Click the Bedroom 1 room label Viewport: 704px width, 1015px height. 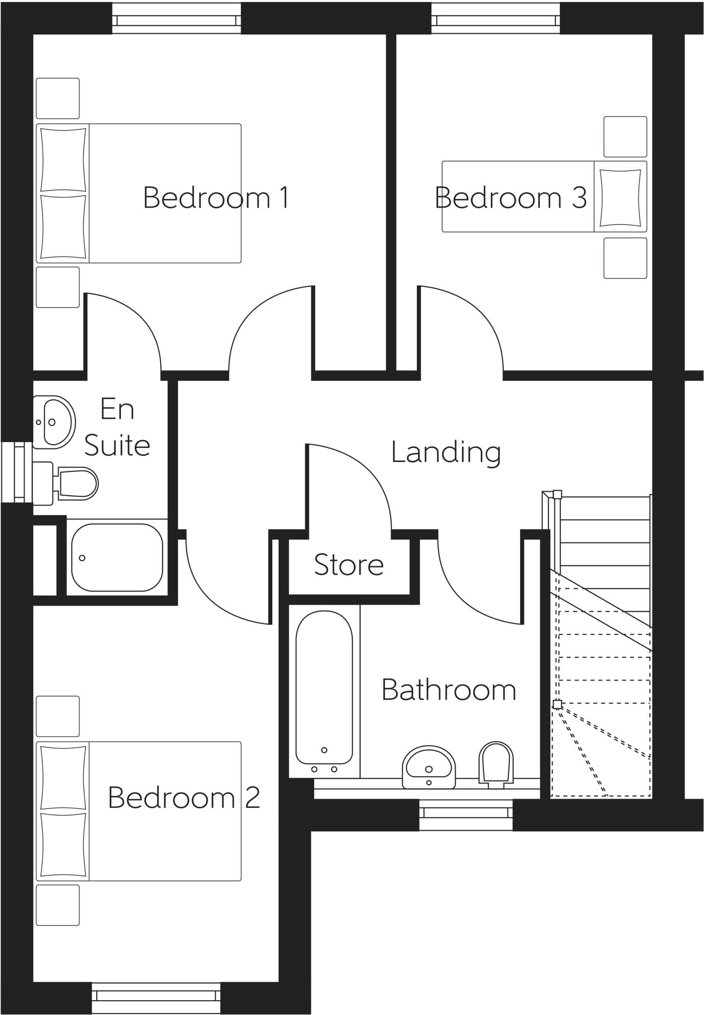(216, 198)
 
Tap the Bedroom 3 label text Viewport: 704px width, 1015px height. (511, 198)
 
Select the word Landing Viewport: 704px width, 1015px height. (446, 452)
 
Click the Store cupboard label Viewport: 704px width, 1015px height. (349, 564)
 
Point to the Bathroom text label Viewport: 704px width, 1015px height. (449, 690)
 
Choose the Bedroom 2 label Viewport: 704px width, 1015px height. (184, 797)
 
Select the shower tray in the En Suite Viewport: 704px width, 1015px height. (117, 557)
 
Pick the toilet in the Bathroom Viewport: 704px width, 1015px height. (496, 764)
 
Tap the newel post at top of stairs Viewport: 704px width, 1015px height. (557, 494)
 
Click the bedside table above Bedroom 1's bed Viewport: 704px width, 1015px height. (58, 98)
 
